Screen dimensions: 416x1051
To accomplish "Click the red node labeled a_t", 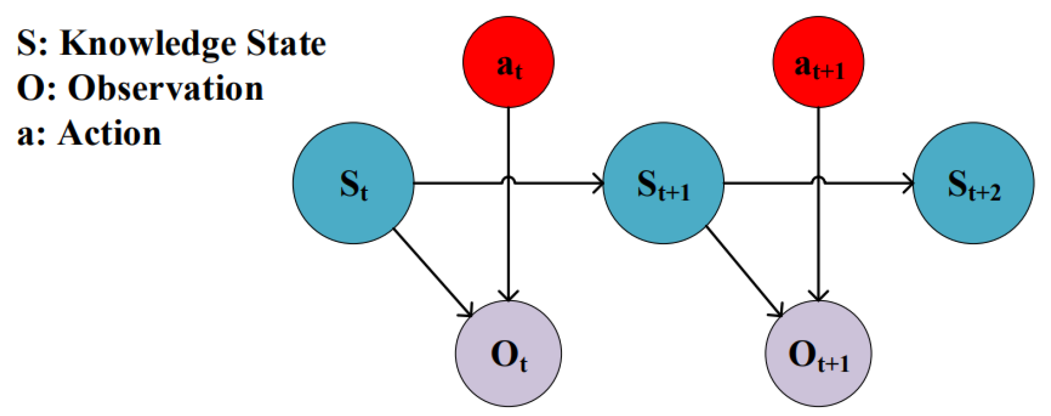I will (509, 62).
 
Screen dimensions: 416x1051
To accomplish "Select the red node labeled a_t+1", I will (819, 62).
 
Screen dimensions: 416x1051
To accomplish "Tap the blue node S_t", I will (353, 183).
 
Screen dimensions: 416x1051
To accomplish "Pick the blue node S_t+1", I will (663, 183).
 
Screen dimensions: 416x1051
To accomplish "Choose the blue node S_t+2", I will (973, 183).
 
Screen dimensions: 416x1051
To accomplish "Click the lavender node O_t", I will (509, 353).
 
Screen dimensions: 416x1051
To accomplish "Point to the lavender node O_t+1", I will (819, 353).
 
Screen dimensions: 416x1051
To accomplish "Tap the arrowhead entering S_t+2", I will (908, 183).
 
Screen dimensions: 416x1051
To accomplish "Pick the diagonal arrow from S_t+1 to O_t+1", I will (743, 272).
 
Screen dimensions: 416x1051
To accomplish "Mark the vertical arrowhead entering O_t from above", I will (509, 296).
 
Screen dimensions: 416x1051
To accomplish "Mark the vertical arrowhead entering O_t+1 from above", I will (819, 296).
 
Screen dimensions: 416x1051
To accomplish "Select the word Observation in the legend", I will (165, 88).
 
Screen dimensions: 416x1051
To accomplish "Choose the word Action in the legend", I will (109, 134).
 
